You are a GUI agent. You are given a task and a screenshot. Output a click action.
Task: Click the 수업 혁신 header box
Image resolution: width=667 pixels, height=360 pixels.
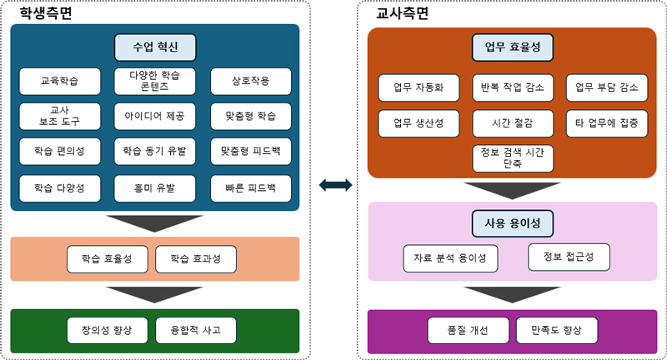[x=154, y=47]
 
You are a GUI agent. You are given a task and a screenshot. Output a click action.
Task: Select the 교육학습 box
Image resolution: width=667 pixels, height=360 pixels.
[x=59, y=81]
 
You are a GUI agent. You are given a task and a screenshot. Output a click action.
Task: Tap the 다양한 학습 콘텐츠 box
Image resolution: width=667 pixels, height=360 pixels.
[x=154, y=81]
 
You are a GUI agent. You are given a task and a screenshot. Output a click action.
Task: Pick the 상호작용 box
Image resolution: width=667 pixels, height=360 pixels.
[x=250, y=81]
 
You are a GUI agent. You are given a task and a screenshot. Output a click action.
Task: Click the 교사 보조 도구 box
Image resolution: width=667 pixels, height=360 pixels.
[x=59, y=116]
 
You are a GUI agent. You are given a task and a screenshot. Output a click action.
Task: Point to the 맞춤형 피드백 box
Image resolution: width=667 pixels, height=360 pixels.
[x=250, y=152]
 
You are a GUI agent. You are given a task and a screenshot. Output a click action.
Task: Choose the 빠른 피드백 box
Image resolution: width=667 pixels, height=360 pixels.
[x=250, y=187]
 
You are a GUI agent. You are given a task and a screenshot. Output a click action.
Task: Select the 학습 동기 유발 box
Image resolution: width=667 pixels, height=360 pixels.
[x=154, y=152]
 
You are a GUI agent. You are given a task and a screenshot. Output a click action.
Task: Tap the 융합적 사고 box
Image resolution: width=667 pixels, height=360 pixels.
[x=195, y=330]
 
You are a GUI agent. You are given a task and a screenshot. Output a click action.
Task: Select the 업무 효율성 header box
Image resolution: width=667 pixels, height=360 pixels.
[x=513, y=47]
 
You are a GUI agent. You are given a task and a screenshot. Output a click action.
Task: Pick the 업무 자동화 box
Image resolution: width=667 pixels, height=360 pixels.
[x=419, y=87]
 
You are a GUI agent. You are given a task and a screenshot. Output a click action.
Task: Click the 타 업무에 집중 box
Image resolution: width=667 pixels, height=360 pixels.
[x=607, y=122]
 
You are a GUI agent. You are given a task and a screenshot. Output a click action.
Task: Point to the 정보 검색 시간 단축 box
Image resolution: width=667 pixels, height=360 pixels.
[x=513, y=157]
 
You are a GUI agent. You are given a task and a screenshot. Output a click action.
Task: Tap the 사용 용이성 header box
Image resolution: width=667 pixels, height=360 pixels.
[x=513, y=222]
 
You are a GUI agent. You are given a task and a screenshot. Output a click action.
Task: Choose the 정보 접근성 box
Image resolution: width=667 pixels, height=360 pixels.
[x=569, y=257]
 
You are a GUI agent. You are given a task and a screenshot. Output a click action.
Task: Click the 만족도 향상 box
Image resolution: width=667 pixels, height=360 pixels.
[x=557, y=330]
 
